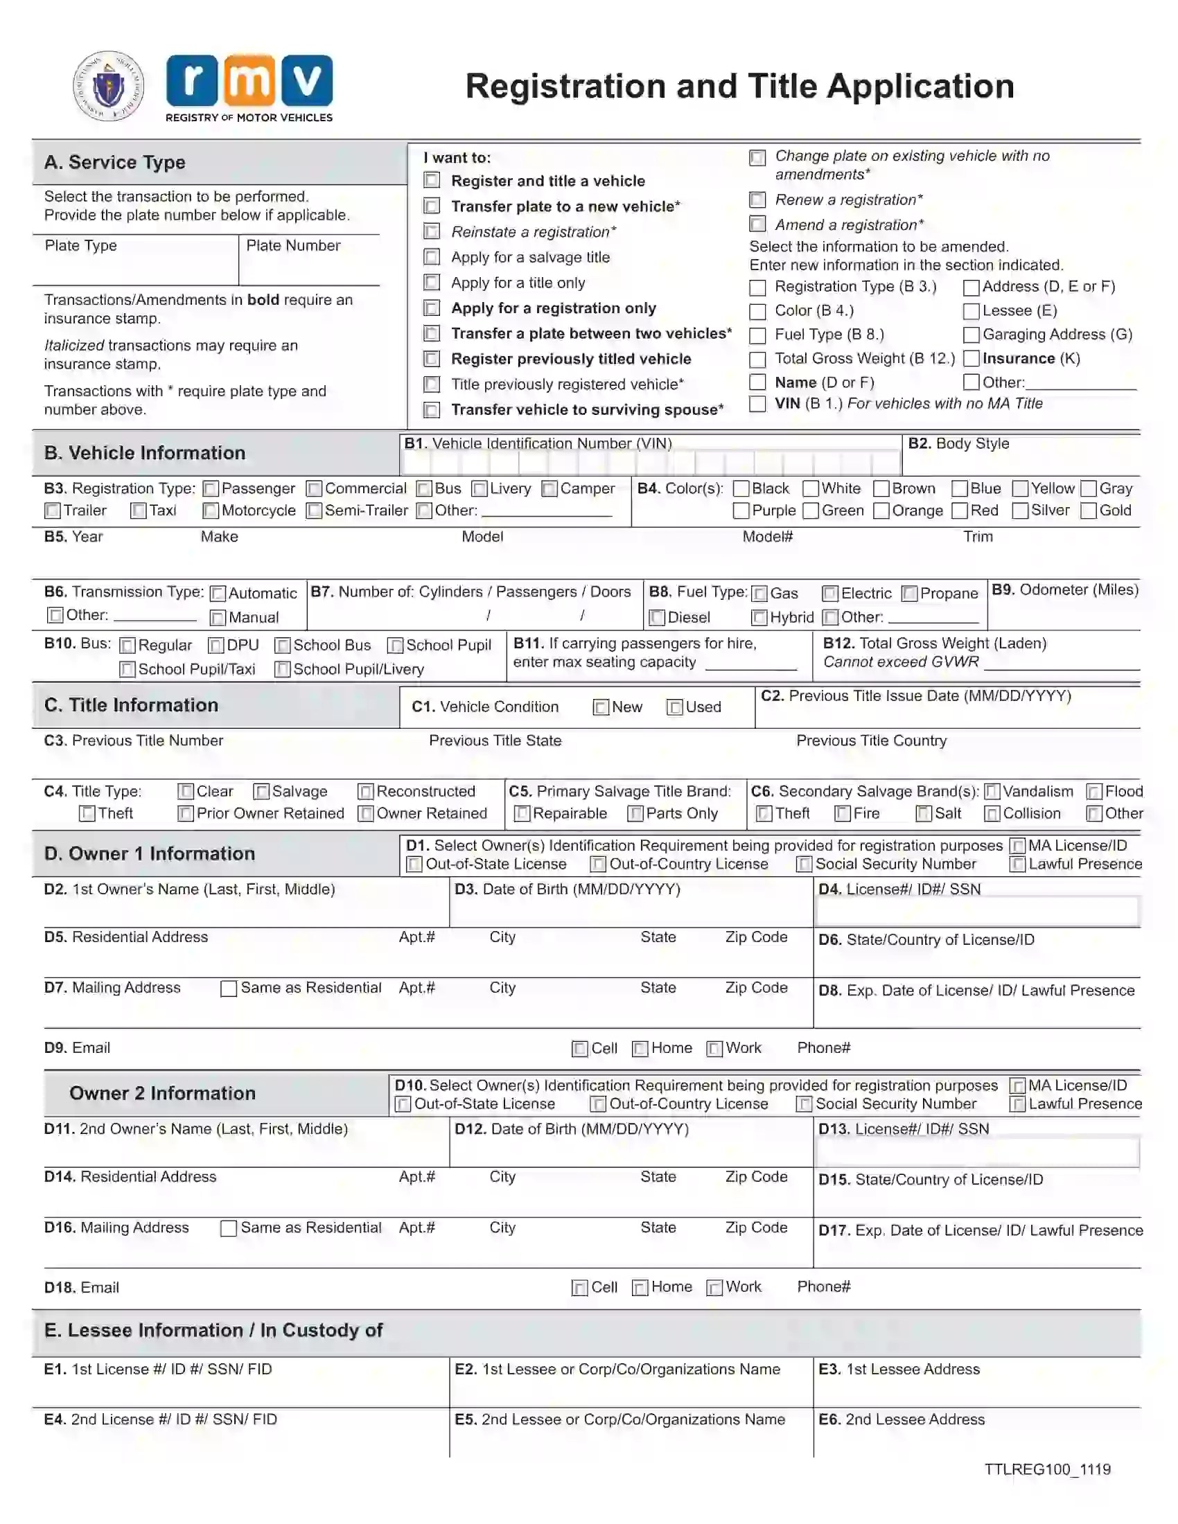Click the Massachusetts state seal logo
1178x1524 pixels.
coord(109,86)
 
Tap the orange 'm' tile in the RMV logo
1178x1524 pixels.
coord(249,81)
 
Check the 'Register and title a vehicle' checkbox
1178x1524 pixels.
coord(432,181)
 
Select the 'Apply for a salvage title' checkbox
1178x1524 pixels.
coord(432,257)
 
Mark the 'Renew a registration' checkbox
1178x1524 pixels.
coord(757,200)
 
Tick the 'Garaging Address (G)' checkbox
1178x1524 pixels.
coord(971,335)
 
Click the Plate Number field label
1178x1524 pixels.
coord(293,246)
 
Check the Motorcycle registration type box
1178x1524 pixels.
coord(210,511)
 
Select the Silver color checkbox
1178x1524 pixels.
coord(1019,511)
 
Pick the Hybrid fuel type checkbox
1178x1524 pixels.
coord(759,617)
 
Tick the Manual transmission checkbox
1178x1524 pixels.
coord(218,617)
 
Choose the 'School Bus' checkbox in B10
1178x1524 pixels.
coord(283,646)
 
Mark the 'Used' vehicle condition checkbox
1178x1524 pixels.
coord(675,707)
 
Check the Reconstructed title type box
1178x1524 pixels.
coord(366,792)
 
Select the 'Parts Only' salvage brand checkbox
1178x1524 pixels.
coord(635,814)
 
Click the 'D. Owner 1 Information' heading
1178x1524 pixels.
coord(150,853)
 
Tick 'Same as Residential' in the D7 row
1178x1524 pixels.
coord(228,989)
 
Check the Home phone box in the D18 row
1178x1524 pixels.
coord(640,1288)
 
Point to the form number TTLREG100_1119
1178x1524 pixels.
coord(1047,1469)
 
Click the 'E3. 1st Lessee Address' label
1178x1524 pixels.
coord(899,1369)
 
